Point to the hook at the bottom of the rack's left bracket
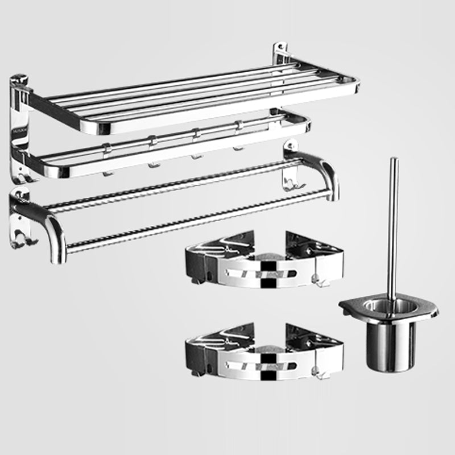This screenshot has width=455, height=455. click(x=21, y=177)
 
